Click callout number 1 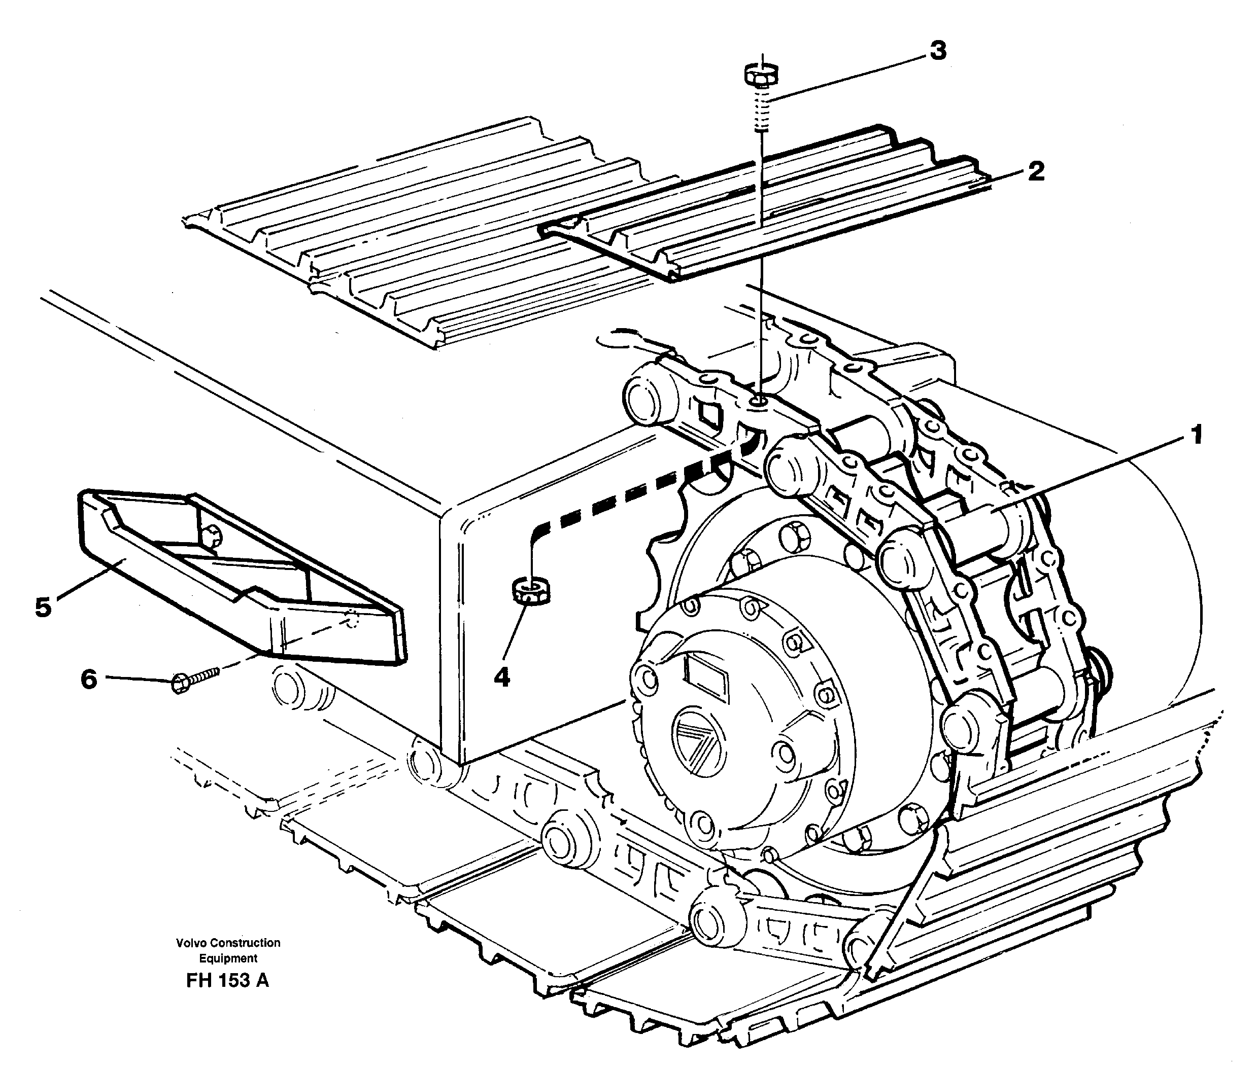(1196, 436)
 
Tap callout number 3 (938, 51)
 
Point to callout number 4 (501, 676)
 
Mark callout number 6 (89, 680)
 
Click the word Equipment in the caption (228, 959)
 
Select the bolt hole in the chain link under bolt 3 (757, 401)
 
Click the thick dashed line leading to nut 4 (631, 493)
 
